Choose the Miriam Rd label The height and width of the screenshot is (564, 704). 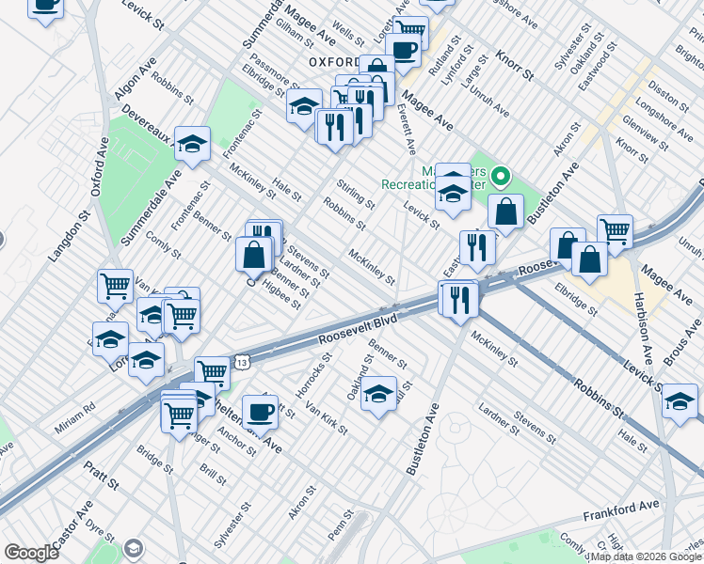[76, 409]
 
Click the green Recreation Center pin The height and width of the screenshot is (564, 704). [501, 176]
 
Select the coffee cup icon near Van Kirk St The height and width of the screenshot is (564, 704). [260, 411]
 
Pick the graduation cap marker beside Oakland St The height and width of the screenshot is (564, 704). [378, 393]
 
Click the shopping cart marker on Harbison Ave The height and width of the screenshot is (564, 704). [614, 230]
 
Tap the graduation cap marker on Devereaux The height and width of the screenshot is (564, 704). [192, 144]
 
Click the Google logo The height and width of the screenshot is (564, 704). [31, 553]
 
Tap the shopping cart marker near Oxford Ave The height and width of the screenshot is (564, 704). [115, 285]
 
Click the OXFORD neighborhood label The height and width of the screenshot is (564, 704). [333, 62]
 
